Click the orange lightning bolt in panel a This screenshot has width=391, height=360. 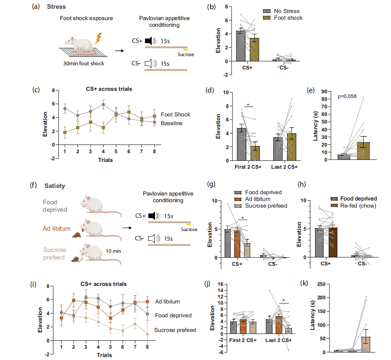point(98,39)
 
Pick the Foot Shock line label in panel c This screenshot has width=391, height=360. point(176,114)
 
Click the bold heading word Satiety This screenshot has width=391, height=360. point(55,186)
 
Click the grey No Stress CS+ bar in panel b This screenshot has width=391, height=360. point(241,46)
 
